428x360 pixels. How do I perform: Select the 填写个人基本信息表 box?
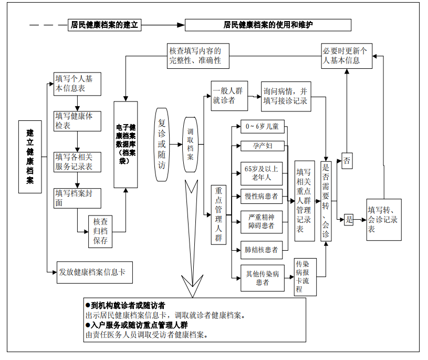click(x=77, y=84)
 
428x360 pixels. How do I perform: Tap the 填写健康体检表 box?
click(x=77, y=121)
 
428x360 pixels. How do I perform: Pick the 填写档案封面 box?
click(x=77, y=198)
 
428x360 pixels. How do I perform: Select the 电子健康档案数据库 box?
click(x=126, y=145)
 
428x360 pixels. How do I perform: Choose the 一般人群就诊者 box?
click(x=229, y=96)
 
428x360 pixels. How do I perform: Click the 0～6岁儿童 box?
click(x=262, y=127)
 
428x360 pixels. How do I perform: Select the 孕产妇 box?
click(x=262, y=146)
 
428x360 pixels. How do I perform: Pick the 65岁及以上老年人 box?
click(x=262, y=173)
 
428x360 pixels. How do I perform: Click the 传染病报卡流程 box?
click(x=305, y=276)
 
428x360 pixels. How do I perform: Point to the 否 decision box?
click(x=347, y=160)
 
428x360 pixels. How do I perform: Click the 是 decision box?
click(x=349, y=220)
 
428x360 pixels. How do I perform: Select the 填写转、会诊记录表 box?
click(x=383, y=220)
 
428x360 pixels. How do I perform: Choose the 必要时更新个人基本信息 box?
click(x=347, y=56)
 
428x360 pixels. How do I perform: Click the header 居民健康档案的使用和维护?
click(x=268, y=25)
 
